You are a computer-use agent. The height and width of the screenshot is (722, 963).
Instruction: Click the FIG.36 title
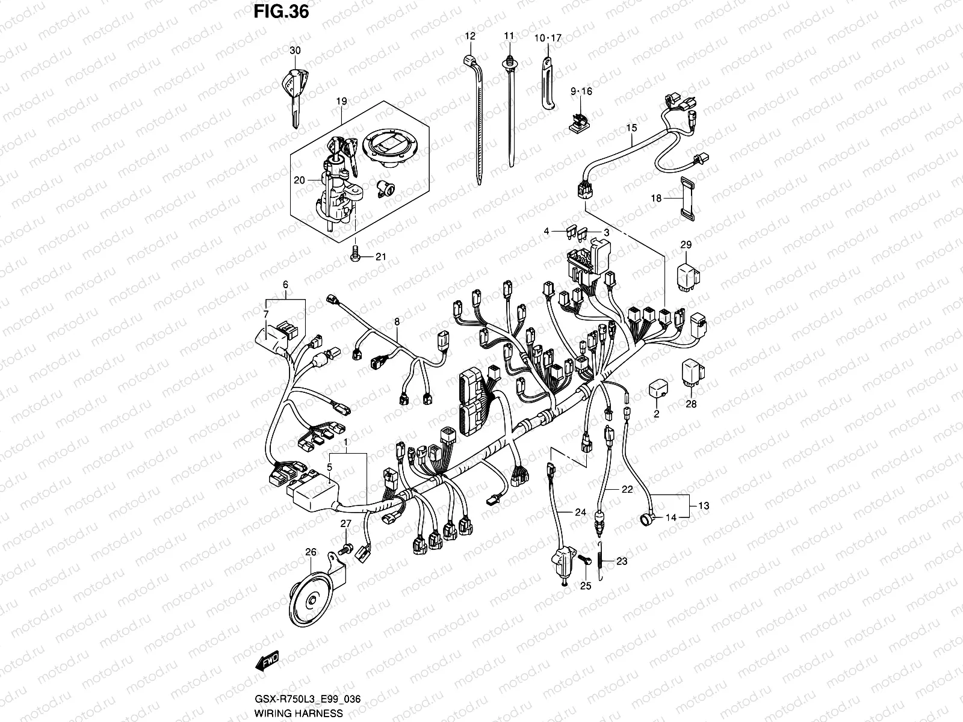point(279,11)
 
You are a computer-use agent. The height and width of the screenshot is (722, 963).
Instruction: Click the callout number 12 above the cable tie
point(469,36)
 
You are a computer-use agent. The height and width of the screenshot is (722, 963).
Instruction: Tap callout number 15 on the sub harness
point(631,128)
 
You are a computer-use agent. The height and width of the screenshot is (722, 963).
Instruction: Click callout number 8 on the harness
point(397,322)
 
